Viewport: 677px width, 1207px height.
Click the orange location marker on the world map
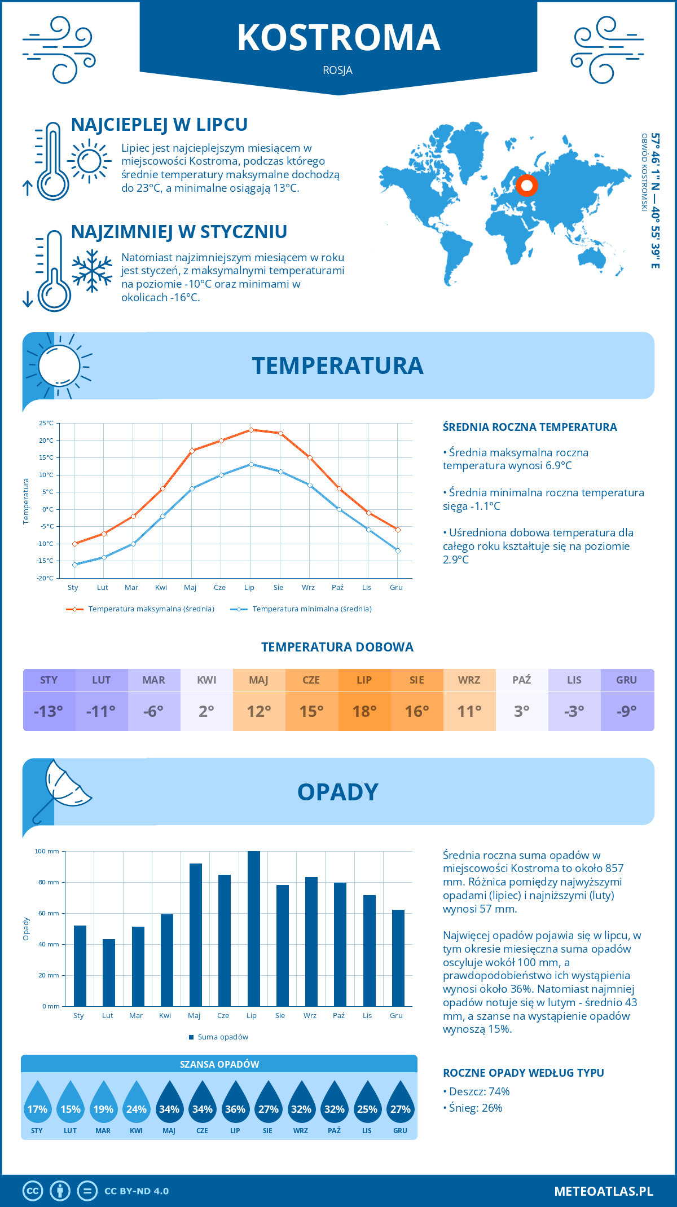(526, 185)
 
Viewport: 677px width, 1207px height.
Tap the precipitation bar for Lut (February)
(109, 972)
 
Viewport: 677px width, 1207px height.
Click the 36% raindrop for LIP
(235, 1105)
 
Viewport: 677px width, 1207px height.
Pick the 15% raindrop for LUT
(71, 1105)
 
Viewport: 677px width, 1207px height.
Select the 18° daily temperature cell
(364, 711)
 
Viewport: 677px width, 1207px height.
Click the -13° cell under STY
(49, 711)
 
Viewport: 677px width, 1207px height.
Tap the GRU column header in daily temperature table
(626, 680)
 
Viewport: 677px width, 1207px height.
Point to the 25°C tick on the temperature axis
(46, 423)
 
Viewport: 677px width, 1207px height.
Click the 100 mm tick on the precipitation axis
(47, 851)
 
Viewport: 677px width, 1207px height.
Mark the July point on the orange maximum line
(251, 430)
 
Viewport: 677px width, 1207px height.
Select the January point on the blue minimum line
(74, 565)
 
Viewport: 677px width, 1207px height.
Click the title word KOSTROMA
(338, 38)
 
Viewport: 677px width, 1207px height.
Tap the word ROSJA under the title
(338, 71)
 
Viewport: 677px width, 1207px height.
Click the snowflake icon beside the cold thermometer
(92, 271)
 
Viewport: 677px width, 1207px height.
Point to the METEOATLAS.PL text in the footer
(603, 1191)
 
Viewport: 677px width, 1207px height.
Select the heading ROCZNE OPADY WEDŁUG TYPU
(523, 1073)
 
